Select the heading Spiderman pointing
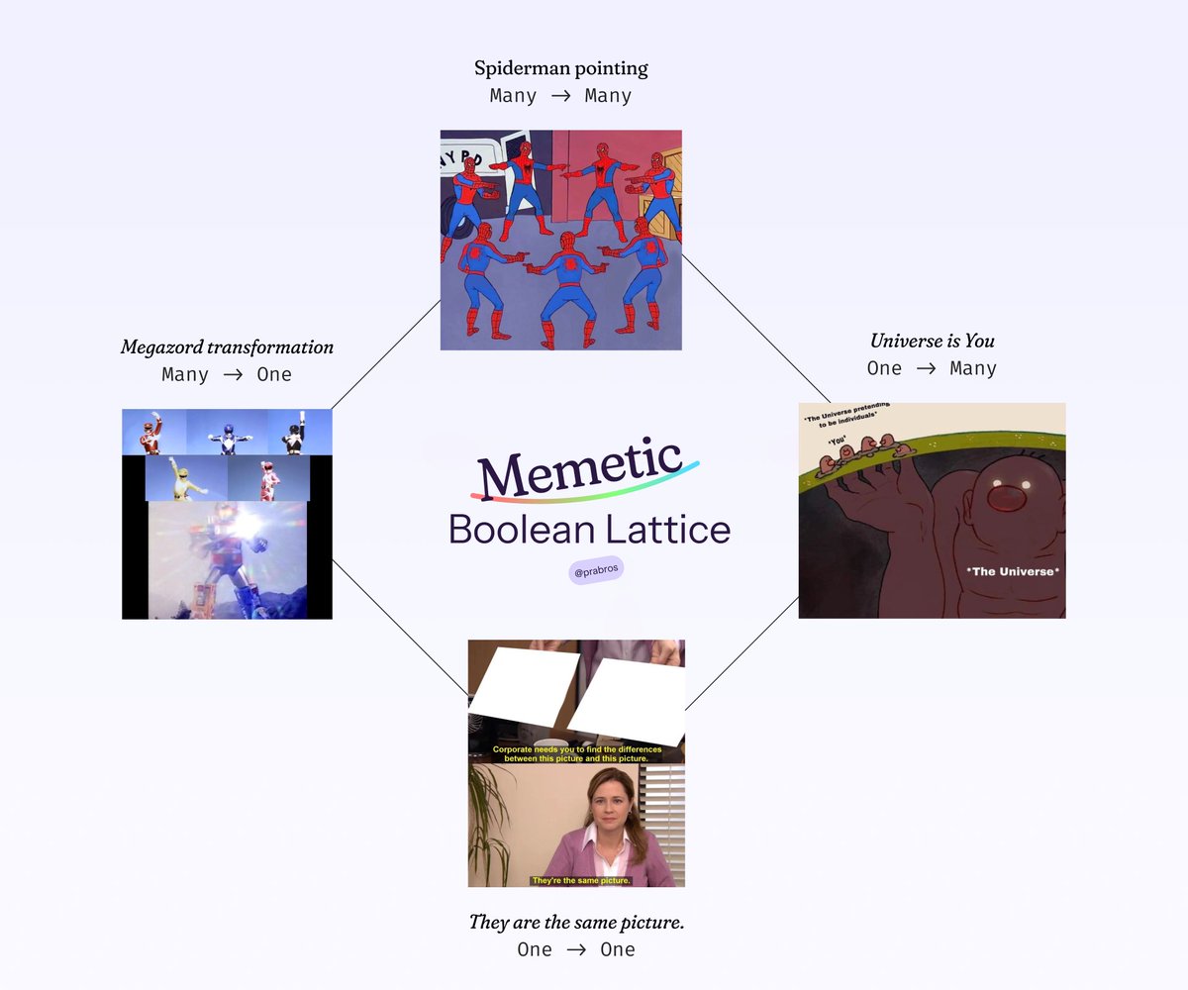click(560, 68)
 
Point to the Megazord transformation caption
click(227, 347)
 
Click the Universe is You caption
click(932, 341)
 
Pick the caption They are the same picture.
click(576, 923)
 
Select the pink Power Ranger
click(268, 479)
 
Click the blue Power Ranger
click(227, 434)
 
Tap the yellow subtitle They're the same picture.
click(574, 880)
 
